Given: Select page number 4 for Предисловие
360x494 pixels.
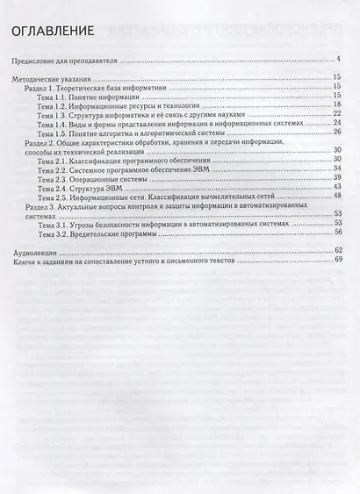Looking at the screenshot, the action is (338, 61).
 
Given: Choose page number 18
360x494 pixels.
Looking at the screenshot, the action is (337, 105).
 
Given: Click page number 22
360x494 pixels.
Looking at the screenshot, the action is (337, 114).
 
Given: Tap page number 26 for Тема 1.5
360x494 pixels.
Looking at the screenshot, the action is (337, 132).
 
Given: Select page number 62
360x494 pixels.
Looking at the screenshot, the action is (337, 252).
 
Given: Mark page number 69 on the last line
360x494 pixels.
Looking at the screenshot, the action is (337, 261).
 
